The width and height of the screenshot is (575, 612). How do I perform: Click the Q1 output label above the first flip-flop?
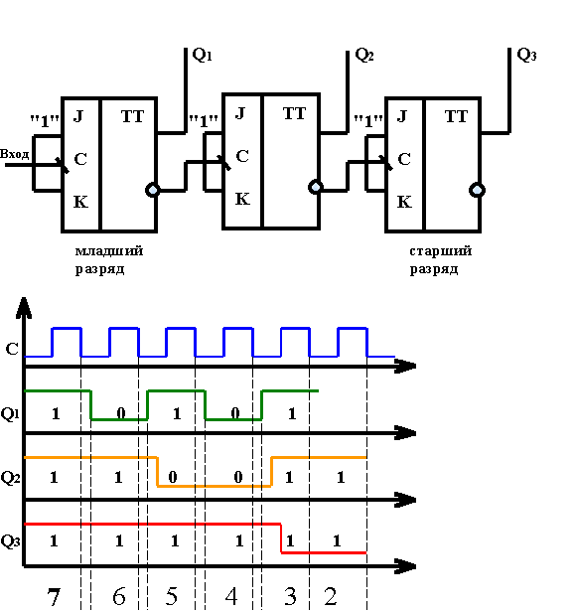(x=202, y=55)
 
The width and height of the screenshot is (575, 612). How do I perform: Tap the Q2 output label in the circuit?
(x=364, y=55)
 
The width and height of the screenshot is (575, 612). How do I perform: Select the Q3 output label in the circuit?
(x=526, y=55)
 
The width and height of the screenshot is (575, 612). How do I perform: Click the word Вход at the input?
(x=15, y=154)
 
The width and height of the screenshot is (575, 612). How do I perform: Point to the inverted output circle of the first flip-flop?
(x=153, y=190)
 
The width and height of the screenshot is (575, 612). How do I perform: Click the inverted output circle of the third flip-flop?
(x=477, y=190)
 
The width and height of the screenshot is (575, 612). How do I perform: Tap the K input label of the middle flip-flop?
(x=242, y=199)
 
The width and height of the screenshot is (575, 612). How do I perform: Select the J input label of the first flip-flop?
(x=78, y=116)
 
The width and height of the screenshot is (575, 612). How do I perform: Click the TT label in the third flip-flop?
(x=456, y=116)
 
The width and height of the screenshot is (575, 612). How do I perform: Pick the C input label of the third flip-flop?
(x=404, y=159)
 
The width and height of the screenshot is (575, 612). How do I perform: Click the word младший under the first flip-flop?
(x=109, y=251)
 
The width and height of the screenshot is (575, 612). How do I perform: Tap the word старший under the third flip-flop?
(x=440, y=251)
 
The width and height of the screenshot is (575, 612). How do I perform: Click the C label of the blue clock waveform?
(x=12, y=349)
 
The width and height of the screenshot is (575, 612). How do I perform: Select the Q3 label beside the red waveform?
(x=10, y=541)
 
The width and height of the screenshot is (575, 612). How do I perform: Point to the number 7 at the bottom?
(x=54, y=596)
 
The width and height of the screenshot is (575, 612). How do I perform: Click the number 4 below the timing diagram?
(x=231, y=596)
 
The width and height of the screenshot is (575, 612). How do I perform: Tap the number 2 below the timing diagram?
(x=330, y=596)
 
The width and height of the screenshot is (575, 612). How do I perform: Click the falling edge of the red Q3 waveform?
(x=281, y=538)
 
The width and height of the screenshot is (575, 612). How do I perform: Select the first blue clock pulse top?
(x=67, y=328)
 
